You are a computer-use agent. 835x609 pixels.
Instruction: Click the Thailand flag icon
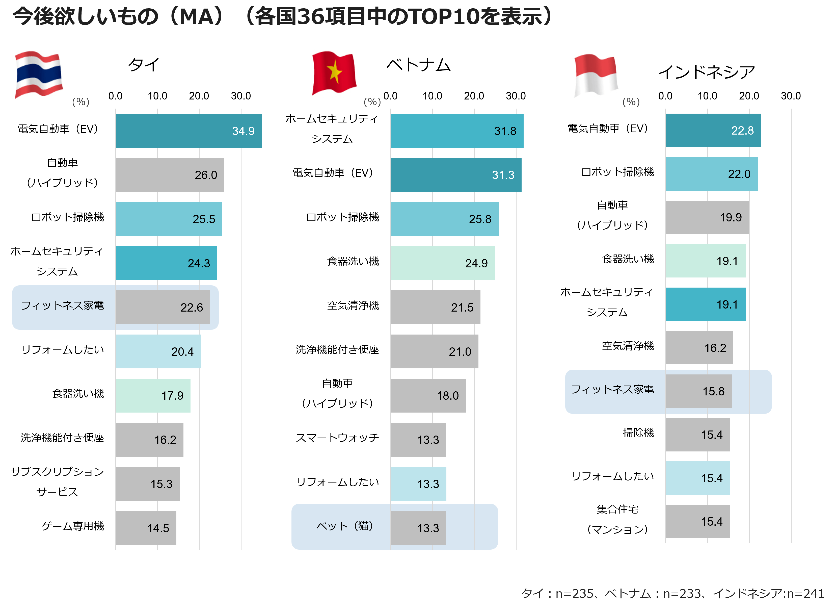click(38, 75)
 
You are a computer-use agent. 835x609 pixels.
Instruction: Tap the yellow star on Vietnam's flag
click(334, 71)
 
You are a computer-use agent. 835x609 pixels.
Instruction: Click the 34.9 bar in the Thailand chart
click(188, 131)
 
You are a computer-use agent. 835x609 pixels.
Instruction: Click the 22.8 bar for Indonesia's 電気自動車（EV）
click(713, 131)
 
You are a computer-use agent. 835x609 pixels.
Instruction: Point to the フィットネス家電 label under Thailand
click(63, 306)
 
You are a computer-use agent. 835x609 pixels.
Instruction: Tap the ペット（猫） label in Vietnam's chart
click(345, 526)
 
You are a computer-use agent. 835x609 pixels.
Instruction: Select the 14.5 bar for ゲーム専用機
click(146, 528)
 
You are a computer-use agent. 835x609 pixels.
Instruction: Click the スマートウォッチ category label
click(337, 438)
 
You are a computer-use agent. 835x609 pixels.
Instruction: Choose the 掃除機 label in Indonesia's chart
click(638, 433)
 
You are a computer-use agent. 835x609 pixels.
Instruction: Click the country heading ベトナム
click(418, 65)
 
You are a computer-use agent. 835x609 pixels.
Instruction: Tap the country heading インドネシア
click(707, 72)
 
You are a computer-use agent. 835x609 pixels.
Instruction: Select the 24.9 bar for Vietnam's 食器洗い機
click(443, 263)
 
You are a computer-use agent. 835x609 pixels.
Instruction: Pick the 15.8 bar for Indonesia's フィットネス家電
click(699, 391)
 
